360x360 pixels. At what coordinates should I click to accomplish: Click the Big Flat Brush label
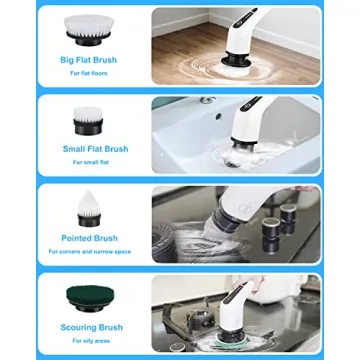(88, 60)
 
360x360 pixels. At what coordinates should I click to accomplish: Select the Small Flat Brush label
(88, 149)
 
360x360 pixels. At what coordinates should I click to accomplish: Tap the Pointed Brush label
(88, 239)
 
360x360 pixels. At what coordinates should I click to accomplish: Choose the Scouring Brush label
(88, 327)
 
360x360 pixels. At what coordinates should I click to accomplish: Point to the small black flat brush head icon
(88, 122)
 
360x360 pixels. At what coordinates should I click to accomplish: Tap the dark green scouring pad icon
(88, 297)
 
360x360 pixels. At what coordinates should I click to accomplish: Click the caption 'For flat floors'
(88, 73)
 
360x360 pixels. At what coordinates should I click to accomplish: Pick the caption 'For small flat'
(88, 162)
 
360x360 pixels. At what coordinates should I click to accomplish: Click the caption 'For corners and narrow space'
(88, 252)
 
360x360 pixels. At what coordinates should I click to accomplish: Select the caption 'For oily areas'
(88, 340)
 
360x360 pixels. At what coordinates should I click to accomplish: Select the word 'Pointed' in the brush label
(76, 239)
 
